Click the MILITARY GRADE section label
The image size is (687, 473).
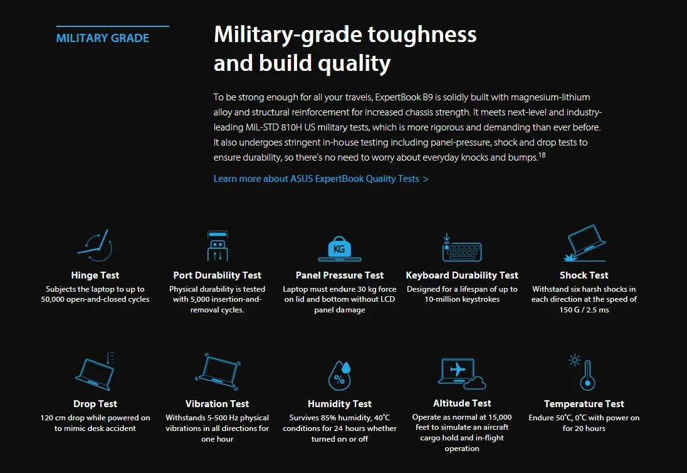[x=103, y=38]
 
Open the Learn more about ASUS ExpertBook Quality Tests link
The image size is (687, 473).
[x=321, y=179]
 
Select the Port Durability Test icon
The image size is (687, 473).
[x=218, y=246]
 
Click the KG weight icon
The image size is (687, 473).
[x=340, y=248]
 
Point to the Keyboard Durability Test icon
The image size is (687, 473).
[x=462, y=248]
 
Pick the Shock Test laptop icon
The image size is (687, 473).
[x=585, y=243]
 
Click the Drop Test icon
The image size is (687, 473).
[x=95, y=371]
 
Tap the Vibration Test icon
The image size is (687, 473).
[x=218, y=372]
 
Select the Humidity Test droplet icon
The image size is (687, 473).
[x=340, y=376]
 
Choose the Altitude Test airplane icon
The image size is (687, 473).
[x=462, y=374]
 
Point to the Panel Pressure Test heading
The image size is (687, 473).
[x=340, y=275]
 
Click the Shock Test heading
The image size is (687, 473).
[x=584, y=275]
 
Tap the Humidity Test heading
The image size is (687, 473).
[x=340, y=404]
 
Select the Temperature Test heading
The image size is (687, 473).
[x=584, y=404]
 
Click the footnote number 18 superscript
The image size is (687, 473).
[x=542, y=155]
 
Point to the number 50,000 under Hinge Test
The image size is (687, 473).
[x=53, y=299]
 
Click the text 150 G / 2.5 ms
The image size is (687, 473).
[x=584, y=310]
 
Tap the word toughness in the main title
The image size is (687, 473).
[x=422, y=35]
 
